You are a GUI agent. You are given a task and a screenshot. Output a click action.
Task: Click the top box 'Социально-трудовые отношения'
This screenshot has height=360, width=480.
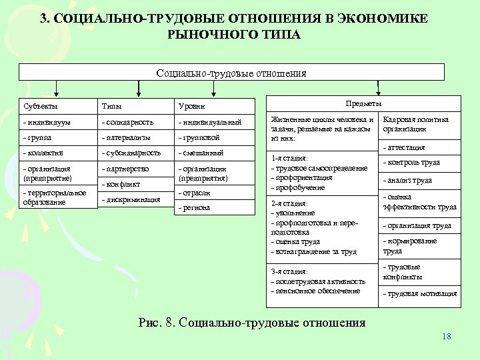[x=231, y=73]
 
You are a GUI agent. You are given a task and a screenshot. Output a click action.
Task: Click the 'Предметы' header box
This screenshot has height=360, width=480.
[x=363, y=104]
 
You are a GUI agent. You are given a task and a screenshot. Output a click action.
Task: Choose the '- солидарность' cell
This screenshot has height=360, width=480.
[x=128, y=122]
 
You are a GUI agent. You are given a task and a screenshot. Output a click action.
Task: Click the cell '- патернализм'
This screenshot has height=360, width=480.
[x=127, y=137]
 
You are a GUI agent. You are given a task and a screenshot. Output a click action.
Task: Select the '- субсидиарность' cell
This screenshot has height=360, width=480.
[x=131, y=153]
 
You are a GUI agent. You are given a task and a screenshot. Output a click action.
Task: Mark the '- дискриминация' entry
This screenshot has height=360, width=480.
[x=131, y=199]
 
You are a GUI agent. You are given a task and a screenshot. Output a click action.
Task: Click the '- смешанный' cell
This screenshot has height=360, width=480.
[x=199, y=153]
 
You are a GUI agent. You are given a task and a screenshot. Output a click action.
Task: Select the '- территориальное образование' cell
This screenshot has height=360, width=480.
[x=54, y=197]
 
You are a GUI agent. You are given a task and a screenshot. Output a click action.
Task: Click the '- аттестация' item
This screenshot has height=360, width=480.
[x=404, y=147]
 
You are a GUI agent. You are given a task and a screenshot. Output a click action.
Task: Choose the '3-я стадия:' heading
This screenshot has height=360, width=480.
[x=289, y=272]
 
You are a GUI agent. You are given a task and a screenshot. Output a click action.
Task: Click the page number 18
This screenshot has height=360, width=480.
[x=446, y=336]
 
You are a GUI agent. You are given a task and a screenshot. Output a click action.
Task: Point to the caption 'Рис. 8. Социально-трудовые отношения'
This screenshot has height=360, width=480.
[x=252, y=323]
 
